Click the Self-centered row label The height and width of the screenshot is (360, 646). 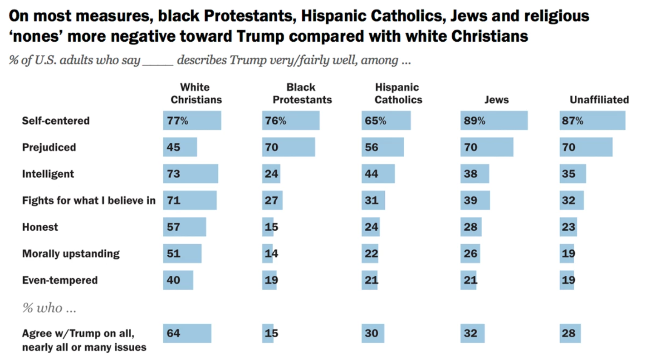click(56, 121)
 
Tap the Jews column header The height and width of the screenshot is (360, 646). click(496, 100)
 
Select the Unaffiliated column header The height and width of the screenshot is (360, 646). click(599, 100)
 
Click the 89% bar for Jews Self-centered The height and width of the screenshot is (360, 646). click(494, 121)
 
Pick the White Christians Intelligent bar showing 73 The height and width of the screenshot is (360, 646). click(191, 174)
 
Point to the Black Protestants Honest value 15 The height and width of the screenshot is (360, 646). click(271, 227)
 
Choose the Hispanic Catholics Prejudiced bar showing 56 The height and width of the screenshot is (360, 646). click(382, 147)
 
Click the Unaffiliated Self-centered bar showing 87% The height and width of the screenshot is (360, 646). click(592, 121)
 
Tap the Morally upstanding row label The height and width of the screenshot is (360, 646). click(71, 253)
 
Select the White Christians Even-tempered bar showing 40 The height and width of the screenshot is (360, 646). click(178, 280)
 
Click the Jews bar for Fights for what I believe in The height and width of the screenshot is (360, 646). click(475, 200)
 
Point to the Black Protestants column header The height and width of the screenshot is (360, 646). click(302, 93)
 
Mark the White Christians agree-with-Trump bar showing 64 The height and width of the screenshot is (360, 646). click(187, 333)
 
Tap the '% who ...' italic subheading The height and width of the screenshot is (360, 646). click(49, 308)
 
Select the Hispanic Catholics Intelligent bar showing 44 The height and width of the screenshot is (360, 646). click(378, 174)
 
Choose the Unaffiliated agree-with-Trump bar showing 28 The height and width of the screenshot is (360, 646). click(570, 333)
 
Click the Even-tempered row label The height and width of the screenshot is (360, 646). click(60, 280)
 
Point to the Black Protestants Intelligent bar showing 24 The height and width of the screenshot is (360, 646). click(271, 174)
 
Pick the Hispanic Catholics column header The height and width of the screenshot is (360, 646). click(398, 93)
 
